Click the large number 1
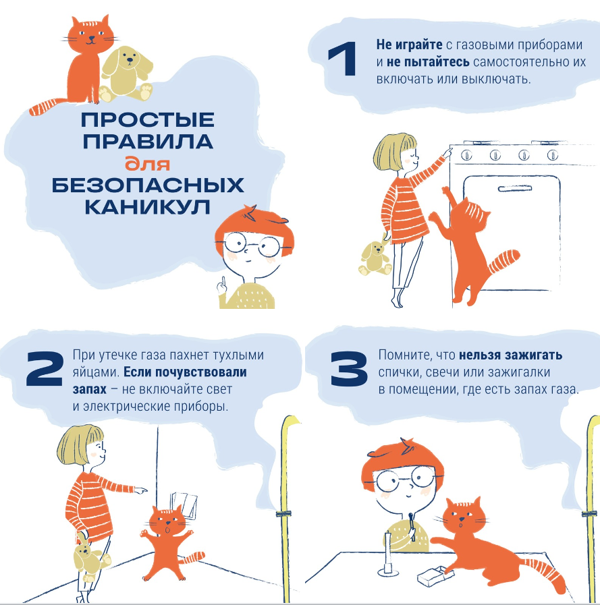[343, 59]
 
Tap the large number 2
[45, 368]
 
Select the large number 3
[350, 368]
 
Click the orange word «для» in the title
[147, 164]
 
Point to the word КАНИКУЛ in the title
[148, 207]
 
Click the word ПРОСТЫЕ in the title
[148, 119]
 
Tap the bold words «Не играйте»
[409, 45]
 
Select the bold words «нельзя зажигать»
[510, 355]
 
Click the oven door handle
[515, 189]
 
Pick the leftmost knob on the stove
[467, 155]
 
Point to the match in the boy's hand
[412, 525]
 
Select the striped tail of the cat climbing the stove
[503, 260]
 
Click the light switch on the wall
[184, 505]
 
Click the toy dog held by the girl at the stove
[375, 258]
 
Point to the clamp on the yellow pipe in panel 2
[283, 513]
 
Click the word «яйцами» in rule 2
[96, 373]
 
